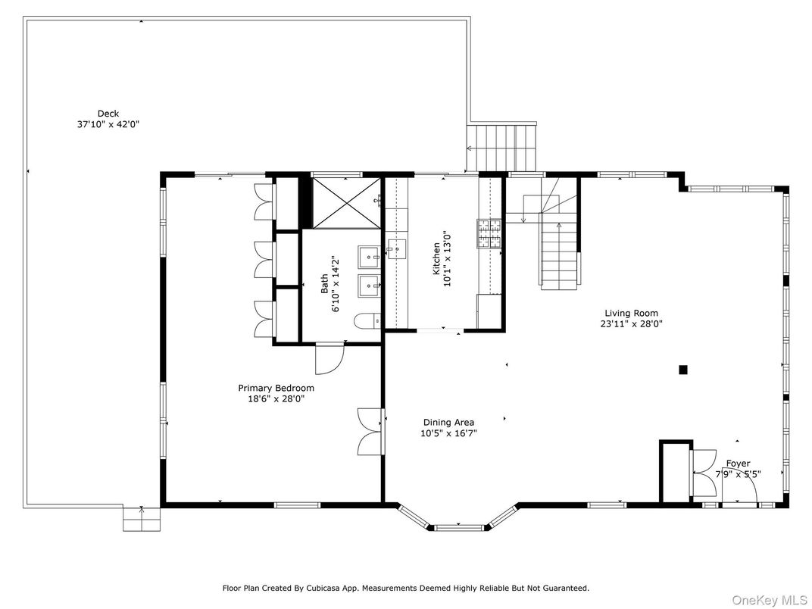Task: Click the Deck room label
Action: coord(108,114)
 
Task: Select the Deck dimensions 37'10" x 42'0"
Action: coord(108,124)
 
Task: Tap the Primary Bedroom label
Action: coord(276,388)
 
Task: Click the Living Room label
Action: coord(631,313)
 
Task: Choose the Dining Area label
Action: coord(448,423)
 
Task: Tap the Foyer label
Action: coord(739,464)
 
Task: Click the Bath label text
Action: coord(325,284)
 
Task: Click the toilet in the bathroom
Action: coord(369,321)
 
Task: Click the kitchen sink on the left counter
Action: coord(395,248)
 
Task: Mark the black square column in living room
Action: coord(682,370)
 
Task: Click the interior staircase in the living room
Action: coord(559,250)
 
